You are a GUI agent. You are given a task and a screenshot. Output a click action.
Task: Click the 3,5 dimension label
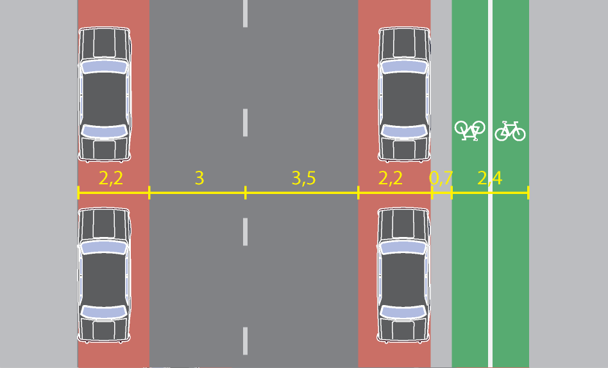303,179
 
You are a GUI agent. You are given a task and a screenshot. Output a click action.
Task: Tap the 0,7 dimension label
441,179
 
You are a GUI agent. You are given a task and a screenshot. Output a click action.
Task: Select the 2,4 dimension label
489,179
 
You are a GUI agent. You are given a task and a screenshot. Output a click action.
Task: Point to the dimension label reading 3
199,179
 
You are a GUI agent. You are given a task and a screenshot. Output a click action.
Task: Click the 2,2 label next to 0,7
390,179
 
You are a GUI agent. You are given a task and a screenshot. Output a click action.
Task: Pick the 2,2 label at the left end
111,179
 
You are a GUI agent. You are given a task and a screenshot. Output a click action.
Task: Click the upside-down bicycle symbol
469,130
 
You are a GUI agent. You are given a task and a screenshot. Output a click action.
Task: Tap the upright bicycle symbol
510,131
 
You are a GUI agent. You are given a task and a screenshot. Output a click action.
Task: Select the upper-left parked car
105,94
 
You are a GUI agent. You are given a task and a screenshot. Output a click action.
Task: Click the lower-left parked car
105,275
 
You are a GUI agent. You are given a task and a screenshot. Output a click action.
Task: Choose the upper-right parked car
403,94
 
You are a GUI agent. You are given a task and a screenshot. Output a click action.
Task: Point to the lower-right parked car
403,275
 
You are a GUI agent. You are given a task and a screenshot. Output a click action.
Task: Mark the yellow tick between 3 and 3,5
245,192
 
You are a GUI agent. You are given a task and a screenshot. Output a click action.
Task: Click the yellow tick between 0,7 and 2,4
452,192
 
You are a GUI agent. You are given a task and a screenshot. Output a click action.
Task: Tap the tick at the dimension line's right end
528,192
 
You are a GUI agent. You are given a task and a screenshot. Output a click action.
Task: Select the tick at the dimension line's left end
78,192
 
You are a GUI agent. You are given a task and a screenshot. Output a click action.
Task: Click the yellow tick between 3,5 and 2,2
358,192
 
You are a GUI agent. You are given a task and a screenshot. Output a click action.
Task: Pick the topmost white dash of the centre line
245,13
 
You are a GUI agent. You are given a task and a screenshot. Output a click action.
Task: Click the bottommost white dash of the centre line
245,341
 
